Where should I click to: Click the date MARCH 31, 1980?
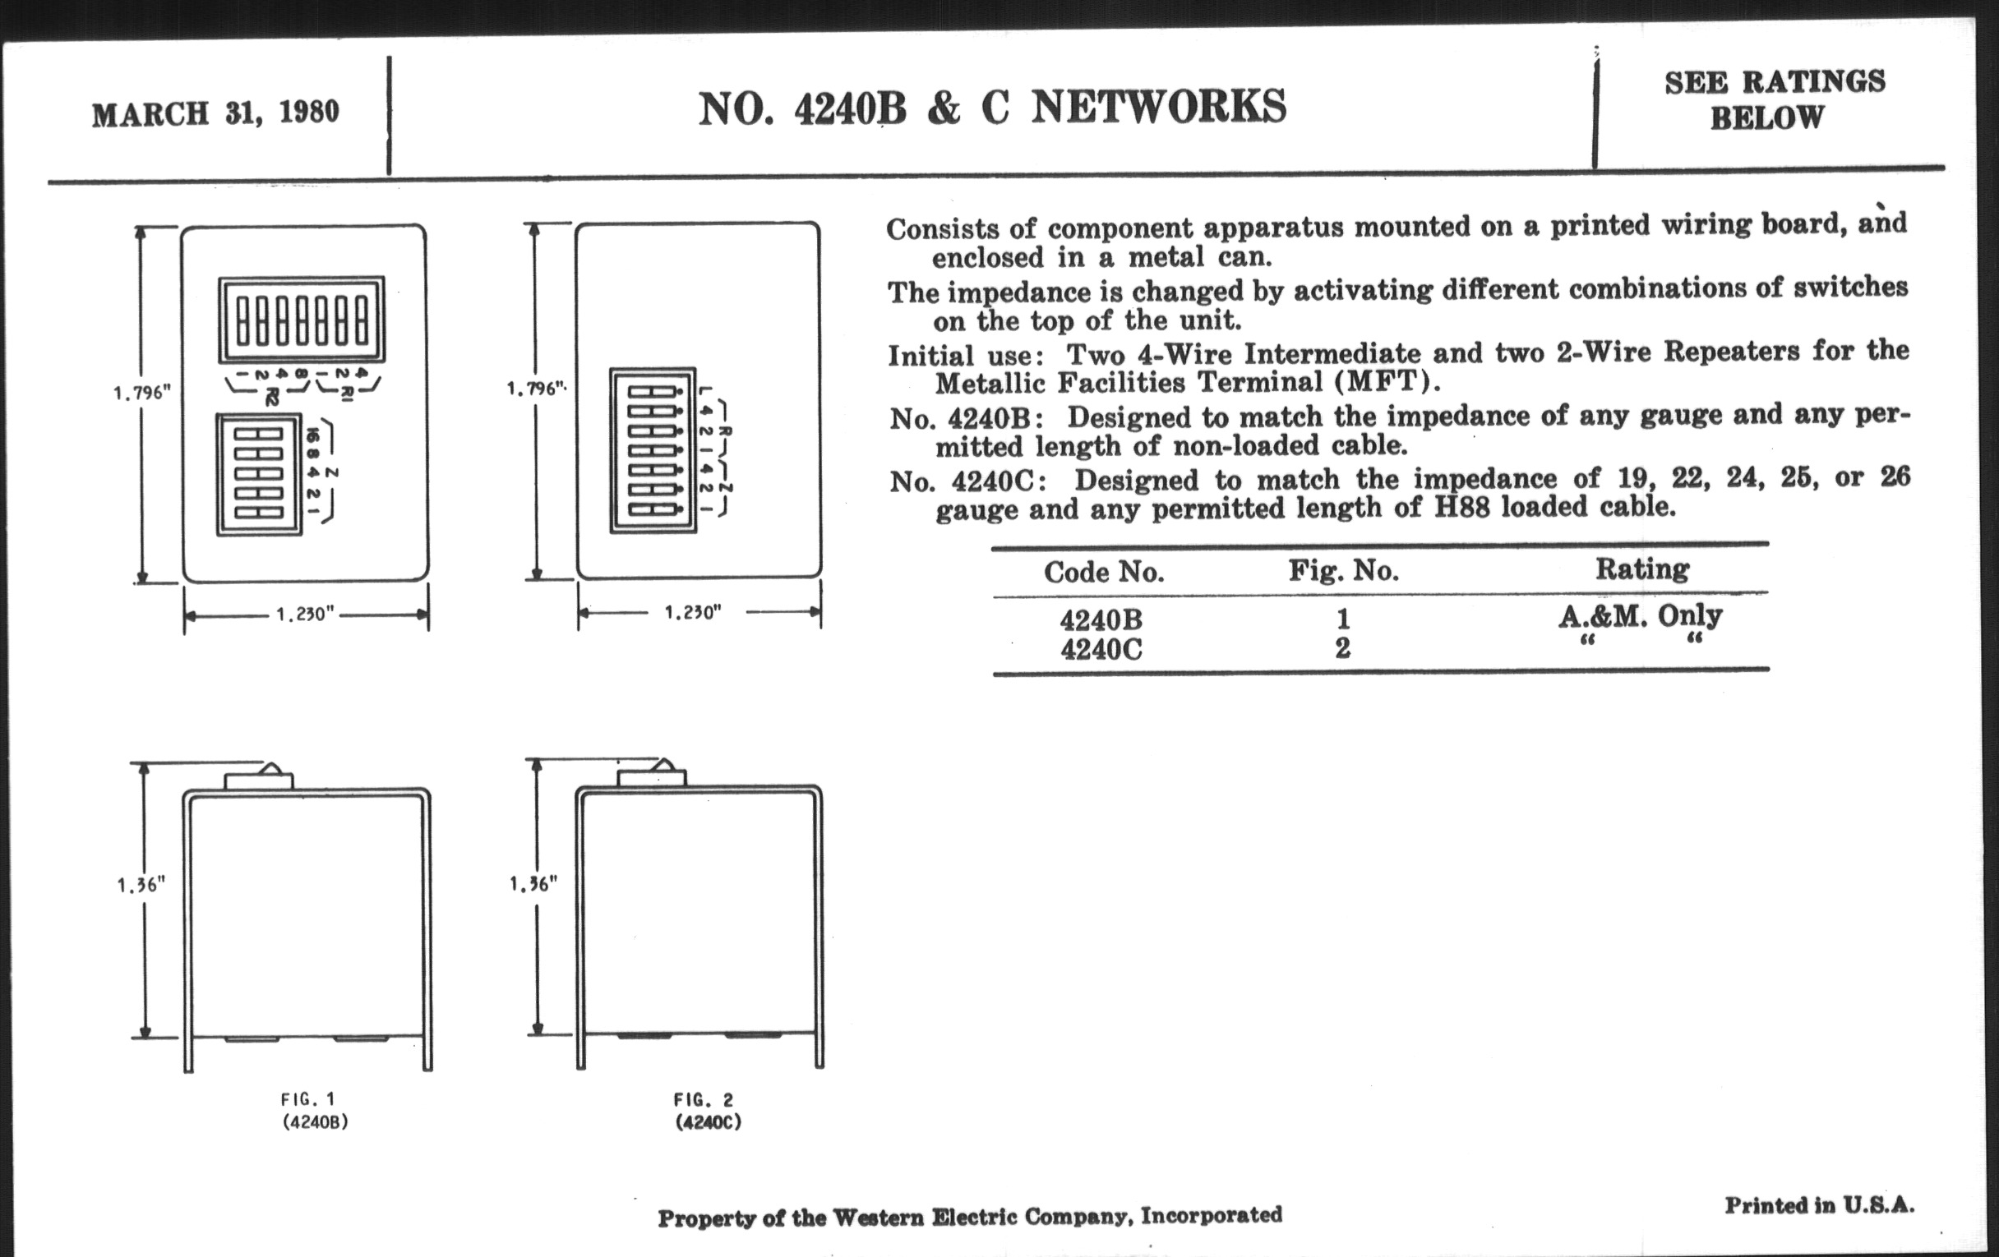pyautogui.click(x=215, y=113)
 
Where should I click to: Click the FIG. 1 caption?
pyautogui.click(x=307, y=1100)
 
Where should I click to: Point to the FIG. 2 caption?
pyautogui.click(x=703, y=1101)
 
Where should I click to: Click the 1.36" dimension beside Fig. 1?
pyautogui.click(x=141, y=886)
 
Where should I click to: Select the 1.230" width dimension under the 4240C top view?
pyautogui.click(x=692, y=613)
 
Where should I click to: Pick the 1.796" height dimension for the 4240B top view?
pyautogui.click(x=141, y=393)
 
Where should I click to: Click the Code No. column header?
pyautogui.click(x=1103, y=572)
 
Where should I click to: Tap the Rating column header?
pyautogui.click(x=1641, y=569)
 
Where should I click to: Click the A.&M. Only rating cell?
pyautogui.click(x=1640, y=615)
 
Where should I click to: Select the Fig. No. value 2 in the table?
pyautogui.click(x=1342, y=648)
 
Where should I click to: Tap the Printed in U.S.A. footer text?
pyautogui.click(x=1819, y=1204)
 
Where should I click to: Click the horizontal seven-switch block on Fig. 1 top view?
pyautogui.click(x=302, y=320)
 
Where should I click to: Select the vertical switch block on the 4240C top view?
pyautogui.click(x=653, y=450)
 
